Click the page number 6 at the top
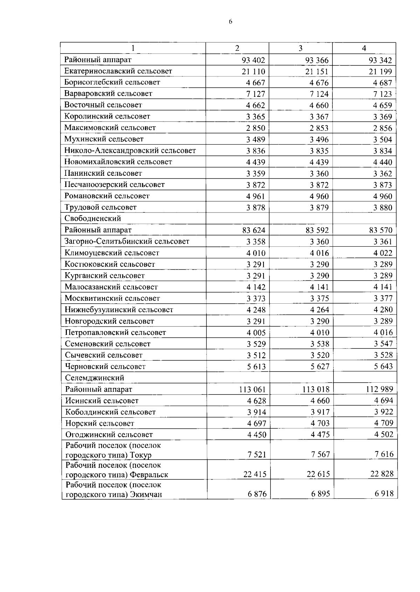[x=230, y=22]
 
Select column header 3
[x=300, y=48]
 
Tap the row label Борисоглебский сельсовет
[x=112, y=82]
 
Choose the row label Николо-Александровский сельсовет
[x=130, y=151]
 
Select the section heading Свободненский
[x=93, y=218]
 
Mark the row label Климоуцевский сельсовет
[x=112, y=253]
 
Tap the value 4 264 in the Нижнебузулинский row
[x=319, y=310]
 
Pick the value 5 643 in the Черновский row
[x=383, y=367]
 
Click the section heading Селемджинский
[x=94, y=378]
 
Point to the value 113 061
[x=252, y=389]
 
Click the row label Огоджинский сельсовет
[x=109, y=435]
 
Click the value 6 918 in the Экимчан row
[x=384, y=494]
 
